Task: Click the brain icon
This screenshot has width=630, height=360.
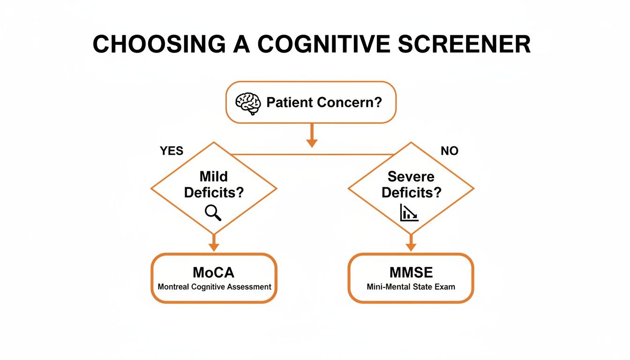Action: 247,103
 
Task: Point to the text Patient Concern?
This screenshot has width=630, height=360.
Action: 324,103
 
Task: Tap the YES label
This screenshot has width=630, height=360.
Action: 172,150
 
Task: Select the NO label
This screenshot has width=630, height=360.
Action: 450,150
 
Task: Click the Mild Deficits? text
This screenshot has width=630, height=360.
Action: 213,184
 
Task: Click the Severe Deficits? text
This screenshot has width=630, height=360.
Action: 411,184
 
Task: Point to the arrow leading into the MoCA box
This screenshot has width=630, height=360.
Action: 214,244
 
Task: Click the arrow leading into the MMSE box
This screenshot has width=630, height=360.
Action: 411,244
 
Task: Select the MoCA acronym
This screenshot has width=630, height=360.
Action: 214,272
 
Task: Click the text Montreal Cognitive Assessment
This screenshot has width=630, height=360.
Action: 214,286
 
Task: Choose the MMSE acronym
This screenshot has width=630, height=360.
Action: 411,272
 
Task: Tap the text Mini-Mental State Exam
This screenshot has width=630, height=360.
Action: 411,286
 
